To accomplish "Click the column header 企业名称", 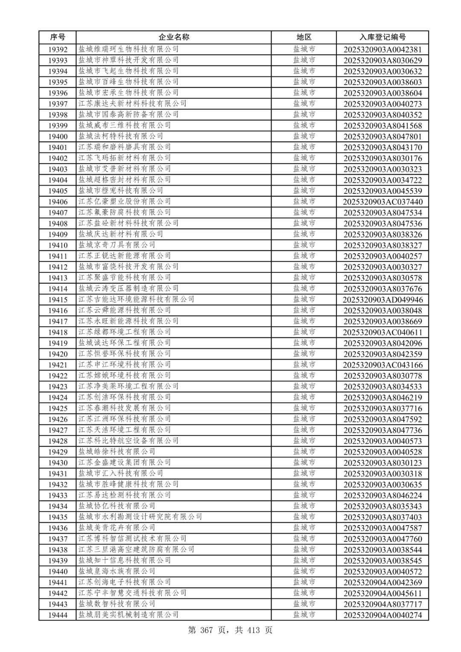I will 174,37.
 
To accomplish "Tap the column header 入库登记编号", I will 382,37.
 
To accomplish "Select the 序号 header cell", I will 58,37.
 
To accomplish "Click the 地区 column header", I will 304,37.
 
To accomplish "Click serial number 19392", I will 58,50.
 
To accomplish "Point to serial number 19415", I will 58,300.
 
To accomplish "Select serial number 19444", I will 58,615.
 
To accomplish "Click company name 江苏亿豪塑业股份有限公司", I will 125,202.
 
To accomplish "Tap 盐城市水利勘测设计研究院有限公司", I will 140,517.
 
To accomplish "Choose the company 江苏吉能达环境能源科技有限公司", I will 136,299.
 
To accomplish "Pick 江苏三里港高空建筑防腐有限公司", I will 136,550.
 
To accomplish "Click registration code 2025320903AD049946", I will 382,300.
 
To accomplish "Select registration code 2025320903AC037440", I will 382,202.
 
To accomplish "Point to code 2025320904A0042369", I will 382,582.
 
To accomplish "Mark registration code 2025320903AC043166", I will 382,365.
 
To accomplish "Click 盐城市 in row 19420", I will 304,354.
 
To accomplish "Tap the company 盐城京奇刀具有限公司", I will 117,245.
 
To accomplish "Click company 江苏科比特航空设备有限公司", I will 128,441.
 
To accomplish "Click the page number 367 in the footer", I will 207,630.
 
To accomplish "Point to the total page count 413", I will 253,630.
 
